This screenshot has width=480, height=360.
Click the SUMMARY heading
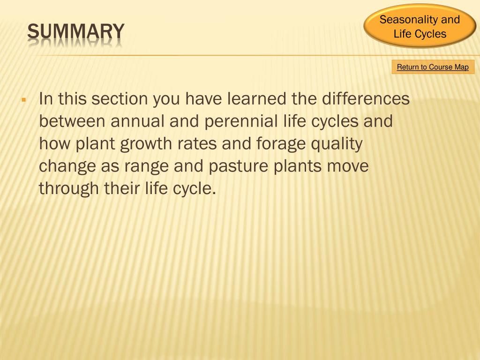(75, 32)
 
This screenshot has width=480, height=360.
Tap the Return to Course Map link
(433, 67)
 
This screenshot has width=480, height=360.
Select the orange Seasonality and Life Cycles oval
(420, 27)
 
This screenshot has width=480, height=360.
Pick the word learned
(257, 99)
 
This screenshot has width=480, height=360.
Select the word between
(72, 121)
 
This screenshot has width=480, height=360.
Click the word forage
(280, 144)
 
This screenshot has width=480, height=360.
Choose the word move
(347, 166)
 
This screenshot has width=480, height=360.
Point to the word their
(122, 189)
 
